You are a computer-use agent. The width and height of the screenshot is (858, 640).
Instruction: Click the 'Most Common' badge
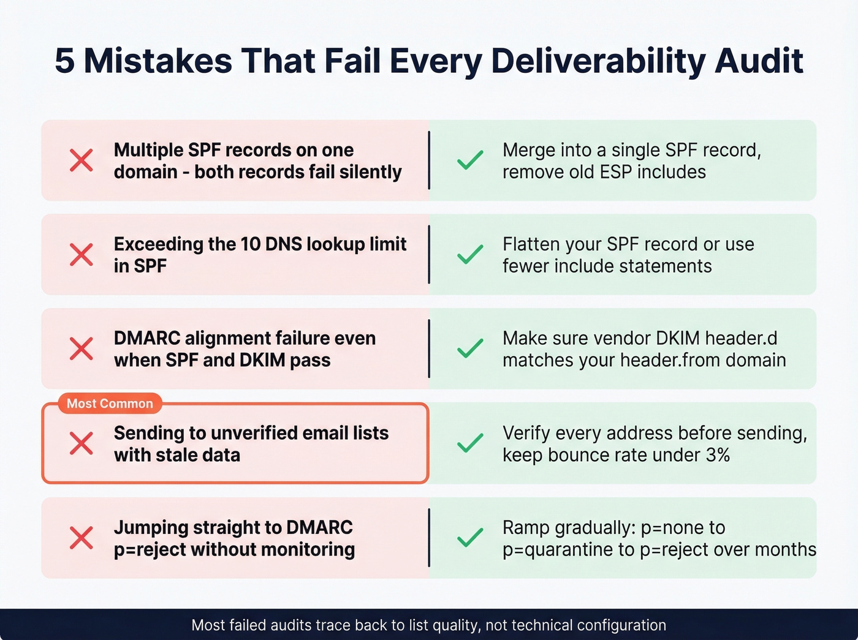tap(110, 404)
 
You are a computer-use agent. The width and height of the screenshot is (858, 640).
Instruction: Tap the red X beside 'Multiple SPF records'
tap(81, 160)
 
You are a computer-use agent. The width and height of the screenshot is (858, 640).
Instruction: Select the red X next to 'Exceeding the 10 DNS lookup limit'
tap(81, 255)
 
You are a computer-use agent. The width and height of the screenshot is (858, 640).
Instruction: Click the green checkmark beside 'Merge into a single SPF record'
tap(470, 160)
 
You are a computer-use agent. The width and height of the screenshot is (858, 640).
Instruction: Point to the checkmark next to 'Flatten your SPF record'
tap(470, 255)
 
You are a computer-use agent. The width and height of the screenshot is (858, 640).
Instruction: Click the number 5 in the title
tap(65, 61)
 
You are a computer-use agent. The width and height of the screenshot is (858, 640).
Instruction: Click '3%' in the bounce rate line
tap(717, 455)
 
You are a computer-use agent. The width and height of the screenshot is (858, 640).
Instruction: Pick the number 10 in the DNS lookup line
tap(251, 244)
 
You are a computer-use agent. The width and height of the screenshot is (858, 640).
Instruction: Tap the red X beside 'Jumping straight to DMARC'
tap(81, 538)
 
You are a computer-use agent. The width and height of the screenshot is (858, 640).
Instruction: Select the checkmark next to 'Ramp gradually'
tap(470, 538)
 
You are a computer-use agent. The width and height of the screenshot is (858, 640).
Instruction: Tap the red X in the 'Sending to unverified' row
tap(81, 443)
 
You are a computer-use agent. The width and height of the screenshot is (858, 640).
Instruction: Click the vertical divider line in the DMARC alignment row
tap(429, 348)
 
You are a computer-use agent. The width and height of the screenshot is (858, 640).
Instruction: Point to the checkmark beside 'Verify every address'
tap(470, 443)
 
